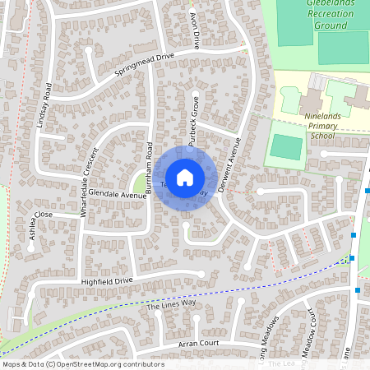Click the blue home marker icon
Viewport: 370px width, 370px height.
pyautogui.click(x=185, y=177)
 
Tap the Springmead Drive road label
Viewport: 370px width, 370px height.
pyautogui.click(x=146, y=64)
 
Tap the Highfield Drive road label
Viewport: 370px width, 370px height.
pyautogui.click(x=106, y=281)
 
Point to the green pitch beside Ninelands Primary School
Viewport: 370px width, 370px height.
pyautogui.click(x=285, y=146)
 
